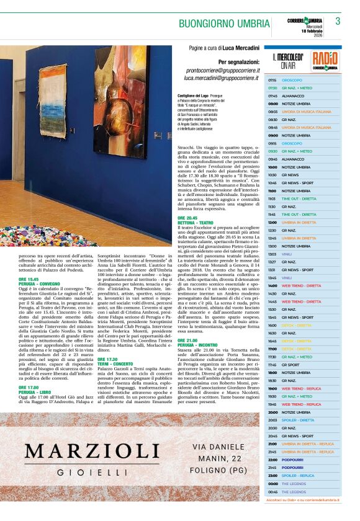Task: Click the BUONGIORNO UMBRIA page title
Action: click(224, 24)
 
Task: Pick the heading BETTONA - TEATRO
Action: click(196, 222)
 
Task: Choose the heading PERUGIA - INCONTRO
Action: click(198, 344)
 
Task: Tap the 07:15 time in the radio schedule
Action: click(272, 81)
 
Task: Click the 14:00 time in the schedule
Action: click(272, 285)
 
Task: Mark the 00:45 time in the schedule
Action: click(272, 492)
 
